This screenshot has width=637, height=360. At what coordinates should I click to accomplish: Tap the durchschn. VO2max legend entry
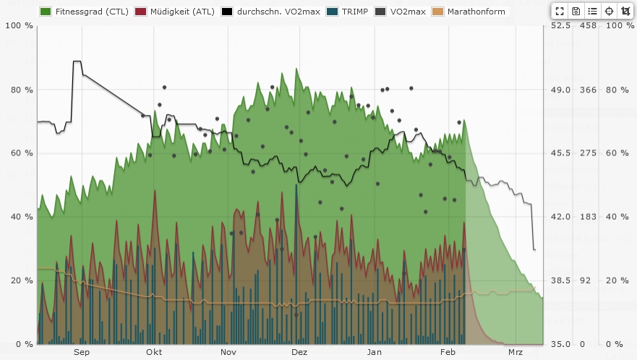[x=274, y=12]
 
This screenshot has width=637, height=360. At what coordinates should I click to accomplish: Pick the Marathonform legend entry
[x=469, y=12]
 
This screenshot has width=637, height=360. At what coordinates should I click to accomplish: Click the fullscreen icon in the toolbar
[x=560, y=11]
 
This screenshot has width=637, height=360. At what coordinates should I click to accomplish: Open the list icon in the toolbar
[x=592, y=11]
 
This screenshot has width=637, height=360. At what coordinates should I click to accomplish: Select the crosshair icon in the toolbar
[x=609, y=11]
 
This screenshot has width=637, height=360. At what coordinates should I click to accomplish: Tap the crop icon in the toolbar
[x=625, y=11]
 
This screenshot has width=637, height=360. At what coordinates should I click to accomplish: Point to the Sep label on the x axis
[x=81, y=353]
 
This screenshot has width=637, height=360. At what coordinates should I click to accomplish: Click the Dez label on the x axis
[x=299, y=353]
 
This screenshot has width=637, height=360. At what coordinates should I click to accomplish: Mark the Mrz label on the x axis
[x=515, y=353]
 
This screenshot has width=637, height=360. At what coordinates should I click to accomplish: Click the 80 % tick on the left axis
[x=14, y=90]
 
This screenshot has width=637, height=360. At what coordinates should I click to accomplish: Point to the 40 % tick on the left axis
[x=14, y=217]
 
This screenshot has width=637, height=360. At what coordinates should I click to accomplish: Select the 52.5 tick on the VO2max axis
[x=561, y=26]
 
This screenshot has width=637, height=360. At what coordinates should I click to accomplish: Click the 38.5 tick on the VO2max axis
[x=561, y=280]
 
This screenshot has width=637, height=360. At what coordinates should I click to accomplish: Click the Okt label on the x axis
[x=153, y=353]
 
